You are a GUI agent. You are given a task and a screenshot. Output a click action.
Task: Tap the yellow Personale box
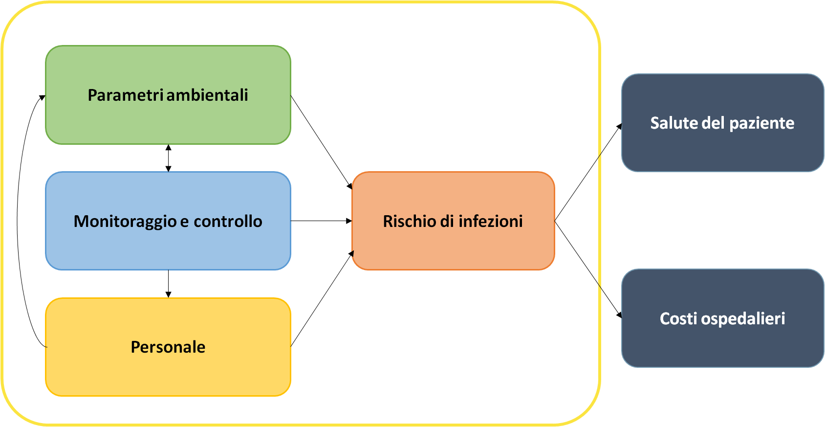coord(168,372)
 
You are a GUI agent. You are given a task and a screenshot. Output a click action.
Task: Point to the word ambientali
coord(208,95)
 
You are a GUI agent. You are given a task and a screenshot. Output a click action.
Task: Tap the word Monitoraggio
coord(125,222)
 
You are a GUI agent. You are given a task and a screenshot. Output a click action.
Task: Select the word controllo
coord(228,222)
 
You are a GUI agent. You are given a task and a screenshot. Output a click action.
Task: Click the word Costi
coord(678,318)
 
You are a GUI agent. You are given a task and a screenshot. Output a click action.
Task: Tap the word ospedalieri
coord(743,319)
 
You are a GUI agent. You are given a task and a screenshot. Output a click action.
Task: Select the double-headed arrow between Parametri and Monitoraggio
coord(168,158)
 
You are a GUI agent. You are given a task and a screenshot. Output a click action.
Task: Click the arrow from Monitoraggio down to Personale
coord(168,284)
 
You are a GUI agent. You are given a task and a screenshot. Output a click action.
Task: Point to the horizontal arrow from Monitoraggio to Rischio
coord(321,221)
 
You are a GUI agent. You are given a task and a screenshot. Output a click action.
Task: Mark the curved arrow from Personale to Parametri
coord(18,220)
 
